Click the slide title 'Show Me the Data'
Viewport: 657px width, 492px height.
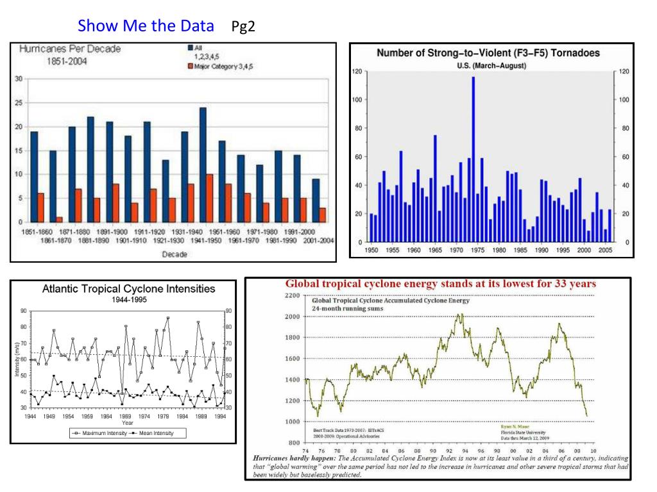pyautogui.click(x=146, y=26)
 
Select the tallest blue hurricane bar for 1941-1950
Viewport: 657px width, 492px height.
pyautogui.click(x=203, y=165)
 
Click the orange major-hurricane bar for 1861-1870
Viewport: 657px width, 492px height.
pyautogui.click(x=59, y=219)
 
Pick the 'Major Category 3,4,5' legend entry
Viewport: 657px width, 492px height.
pyautogui.click(x=222, y=66)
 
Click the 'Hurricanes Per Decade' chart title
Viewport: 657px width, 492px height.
pyautogui.click(x=70, y=49)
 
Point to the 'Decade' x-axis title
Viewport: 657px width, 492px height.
pyautogui.click(x=175, y=254)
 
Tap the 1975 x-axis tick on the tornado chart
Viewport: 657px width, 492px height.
pyautogui.click(x=477, y=250)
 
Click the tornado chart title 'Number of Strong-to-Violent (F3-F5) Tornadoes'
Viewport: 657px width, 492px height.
pyautogui.click(x=488, y=53)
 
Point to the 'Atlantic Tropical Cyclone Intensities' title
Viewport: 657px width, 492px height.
pyautogui.click(x=129, y=289)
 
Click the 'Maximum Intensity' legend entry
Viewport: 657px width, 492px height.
pyautogui.click(x=100, y=433)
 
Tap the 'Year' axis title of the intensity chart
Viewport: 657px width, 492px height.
pyautogui.click(x=128, y=423)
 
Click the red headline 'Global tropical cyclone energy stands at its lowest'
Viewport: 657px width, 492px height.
pyautogui.click(x=440, y=283)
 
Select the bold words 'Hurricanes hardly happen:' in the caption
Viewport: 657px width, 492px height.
pyautogui.click(x=291, y=459)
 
